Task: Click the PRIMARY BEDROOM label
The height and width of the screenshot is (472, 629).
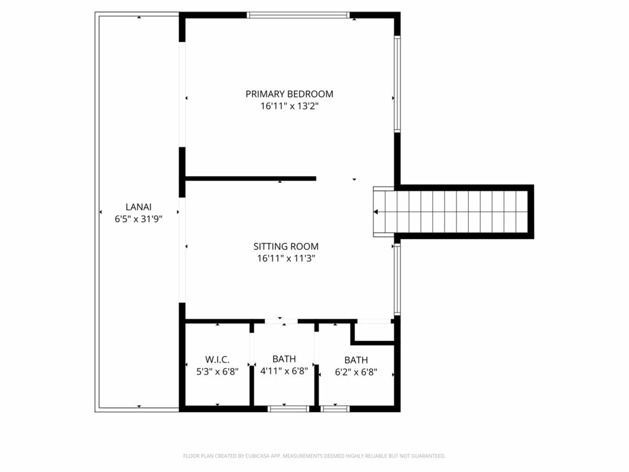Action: tap(289, 94)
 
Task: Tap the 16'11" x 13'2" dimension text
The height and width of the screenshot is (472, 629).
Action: tap(289, 106)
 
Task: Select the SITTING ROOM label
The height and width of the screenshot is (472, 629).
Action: tap(286, 246)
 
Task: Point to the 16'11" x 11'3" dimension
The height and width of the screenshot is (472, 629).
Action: tap(286, 259)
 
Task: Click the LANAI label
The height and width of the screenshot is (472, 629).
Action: tap(138, 207)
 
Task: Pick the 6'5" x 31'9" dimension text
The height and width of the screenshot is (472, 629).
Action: tap(138, 219)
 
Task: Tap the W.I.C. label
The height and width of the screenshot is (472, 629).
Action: tap(217, 359)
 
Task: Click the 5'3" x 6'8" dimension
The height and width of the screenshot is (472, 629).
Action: tap(217, 372)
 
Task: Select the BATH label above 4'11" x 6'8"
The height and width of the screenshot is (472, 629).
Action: tap(284, 359)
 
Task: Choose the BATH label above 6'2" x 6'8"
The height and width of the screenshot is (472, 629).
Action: tap(356, 360)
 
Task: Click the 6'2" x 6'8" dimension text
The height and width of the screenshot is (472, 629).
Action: tap(356, 372)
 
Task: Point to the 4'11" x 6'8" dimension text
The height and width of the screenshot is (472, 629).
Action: tap(284, 371)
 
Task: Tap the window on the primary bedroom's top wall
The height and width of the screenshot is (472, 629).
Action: tap(298, 15)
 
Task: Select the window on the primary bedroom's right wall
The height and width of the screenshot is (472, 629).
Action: tap(397, 84)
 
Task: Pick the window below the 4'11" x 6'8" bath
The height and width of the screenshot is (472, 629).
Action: tap(288, 409)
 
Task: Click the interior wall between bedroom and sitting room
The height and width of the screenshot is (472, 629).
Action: tap(250, 179)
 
